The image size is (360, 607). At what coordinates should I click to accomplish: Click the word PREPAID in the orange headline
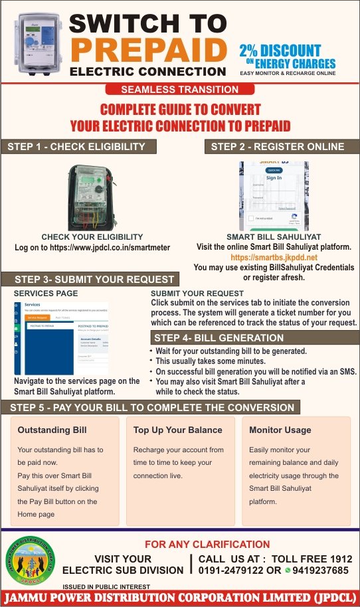click(x=147, y=49)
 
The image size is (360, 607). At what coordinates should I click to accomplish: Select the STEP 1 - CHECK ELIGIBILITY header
click(x=78, y=147)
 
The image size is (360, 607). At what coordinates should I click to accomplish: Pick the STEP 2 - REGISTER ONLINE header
click(x=278, y=147)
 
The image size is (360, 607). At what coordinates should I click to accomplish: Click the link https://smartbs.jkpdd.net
click(x=274, y=257)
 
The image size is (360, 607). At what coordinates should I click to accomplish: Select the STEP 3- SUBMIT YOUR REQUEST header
click(x=94, y=279)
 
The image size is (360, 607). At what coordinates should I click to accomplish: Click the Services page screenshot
click(x=61, y=337)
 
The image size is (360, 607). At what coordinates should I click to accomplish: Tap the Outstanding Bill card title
click(x=52, y=430)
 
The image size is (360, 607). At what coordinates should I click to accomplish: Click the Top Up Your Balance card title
click(x=168, y=430)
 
